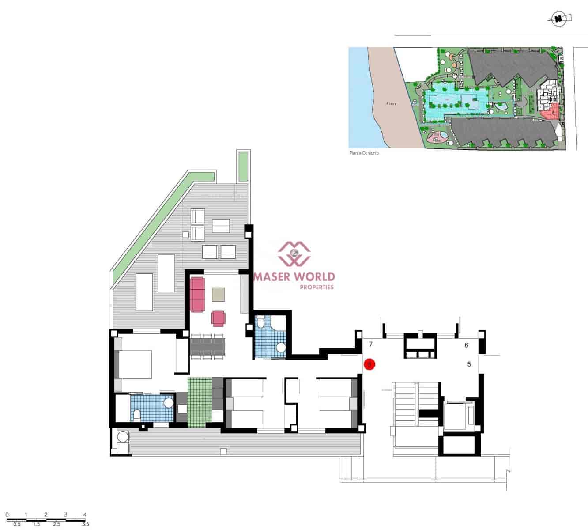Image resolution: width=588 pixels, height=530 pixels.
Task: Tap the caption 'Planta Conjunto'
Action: pyautogui.click(x=364, y=153)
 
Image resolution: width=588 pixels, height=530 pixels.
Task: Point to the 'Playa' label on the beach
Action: pyautogui.click(x=391, y=104)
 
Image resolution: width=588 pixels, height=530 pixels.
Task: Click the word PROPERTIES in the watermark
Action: pyautogui.click(x=317, y=288)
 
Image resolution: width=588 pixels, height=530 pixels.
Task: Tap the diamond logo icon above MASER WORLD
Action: pyautogui.click(x=294, y=254)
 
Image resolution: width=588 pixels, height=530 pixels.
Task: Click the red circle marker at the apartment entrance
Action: pyautogui.click(x=369, y=364)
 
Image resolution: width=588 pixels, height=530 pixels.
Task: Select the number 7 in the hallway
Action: pyautogui.click(x=371, y=344)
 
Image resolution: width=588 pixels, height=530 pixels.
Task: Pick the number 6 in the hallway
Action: pyautogui.click(x=466, y=345)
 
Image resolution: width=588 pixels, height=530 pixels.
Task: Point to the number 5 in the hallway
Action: pyautogui.click(x=469, y=364)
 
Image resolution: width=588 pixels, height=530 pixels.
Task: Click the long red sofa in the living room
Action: pyautogui.click(x=198, y=294)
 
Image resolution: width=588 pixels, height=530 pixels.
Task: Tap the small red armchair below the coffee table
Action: pyautogui.click(x=218, y=318)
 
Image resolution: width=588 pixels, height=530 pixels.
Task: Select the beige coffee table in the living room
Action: pyautogui.click(x=218, y=294)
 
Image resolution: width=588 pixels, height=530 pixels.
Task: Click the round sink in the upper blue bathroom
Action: pyautogui.click(x=281, y=348)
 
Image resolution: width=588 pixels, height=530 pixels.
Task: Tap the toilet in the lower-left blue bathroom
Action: pyautogui.click(x=137, y=415)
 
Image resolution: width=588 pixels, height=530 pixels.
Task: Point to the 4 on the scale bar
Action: pyautogui.click(x=84, y=515)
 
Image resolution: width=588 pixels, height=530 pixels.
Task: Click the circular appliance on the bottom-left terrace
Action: pyautogui.click(x=122, y=437)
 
